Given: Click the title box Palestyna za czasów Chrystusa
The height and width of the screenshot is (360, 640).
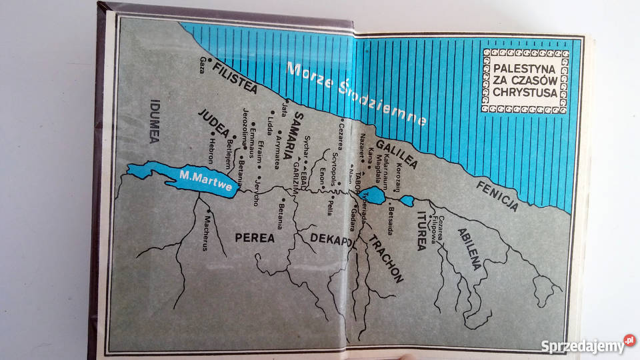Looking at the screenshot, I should point(523,80).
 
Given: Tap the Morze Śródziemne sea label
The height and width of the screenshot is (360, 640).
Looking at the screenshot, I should point(357,93).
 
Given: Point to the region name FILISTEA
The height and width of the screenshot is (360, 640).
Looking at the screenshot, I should point(234,79).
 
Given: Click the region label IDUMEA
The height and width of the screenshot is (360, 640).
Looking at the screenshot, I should point(151,121).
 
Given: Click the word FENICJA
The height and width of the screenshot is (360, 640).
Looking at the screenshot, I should point(497,194).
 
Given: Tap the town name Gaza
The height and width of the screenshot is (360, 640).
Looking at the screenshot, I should point(201,64).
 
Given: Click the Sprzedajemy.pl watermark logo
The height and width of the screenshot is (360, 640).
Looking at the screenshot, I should point(587,345).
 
